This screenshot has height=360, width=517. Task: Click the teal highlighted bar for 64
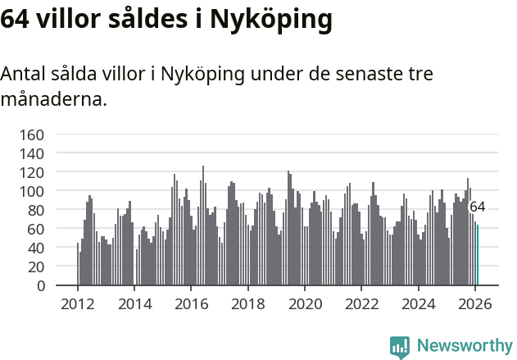tap(478, 255)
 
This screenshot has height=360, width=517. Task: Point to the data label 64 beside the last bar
tap(478, 207)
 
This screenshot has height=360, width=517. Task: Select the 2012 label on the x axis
tap(78, 303)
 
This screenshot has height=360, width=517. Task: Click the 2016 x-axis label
tap(192, 303)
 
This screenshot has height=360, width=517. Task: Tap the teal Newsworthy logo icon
tap(400, 346)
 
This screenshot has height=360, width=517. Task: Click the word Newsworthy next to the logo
tap(465, 346)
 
